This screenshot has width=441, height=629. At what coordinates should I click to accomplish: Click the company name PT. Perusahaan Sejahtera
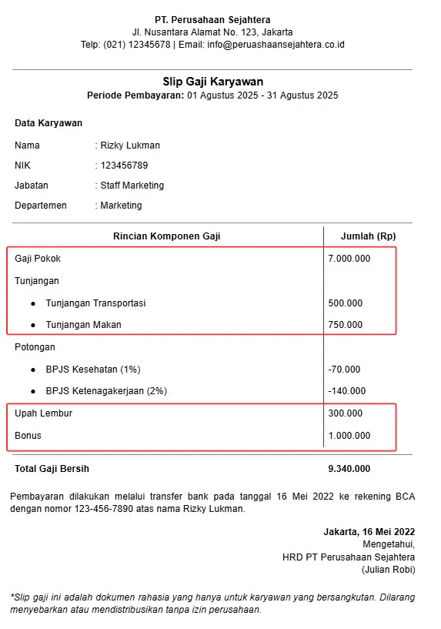[x=212, y=19]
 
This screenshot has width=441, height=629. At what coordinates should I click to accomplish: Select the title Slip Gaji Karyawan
[x=212, y=82]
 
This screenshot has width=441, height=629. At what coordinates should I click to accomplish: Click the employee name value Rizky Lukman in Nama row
[x=130, y=146]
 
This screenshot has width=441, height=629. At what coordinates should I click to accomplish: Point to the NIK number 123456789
[x=124, y=166]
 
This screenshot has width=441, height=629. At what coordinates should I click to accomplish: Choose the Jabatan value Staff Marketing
[x=132, y=186]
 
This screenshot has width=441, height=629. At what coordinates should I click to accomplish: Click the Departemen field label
[x=41, y=206]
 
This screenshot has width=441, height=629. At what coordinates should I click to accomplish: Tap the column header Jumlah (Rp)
[x=368, y=236]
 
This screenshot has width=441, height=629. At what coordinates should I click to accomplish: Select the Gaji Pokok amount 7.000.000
[x=349, y=259]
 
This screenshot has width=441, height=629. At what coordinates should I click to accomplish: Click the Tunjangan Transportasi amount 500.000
[x=345, y=303]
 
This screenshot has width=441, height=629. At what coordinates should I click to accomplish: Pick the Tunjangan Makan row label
[x=83, y=325]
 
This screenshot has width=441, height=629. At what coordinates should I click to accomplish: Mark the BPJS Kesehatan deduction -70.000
[x=343, y=370]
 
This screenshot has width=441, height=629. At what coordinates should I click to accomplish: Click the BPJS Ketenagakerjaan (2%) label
[x=101, y=391]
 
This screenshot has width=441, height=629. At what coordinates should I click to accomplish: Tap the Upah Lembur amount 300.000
[x=345, y=413]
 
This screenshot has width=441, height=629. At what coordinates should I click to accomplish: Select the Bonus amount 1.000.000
[x=349, y=436]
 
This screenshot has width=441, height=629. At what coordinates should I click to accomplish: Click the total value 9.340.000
[x=349, y=469]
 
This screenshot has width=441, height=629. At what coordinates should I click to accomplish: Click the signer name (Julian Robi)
[x=388, y=570]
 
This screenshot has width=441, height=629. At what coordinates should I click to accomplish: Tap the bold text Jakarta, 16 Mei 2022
[x=369, y=532]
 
